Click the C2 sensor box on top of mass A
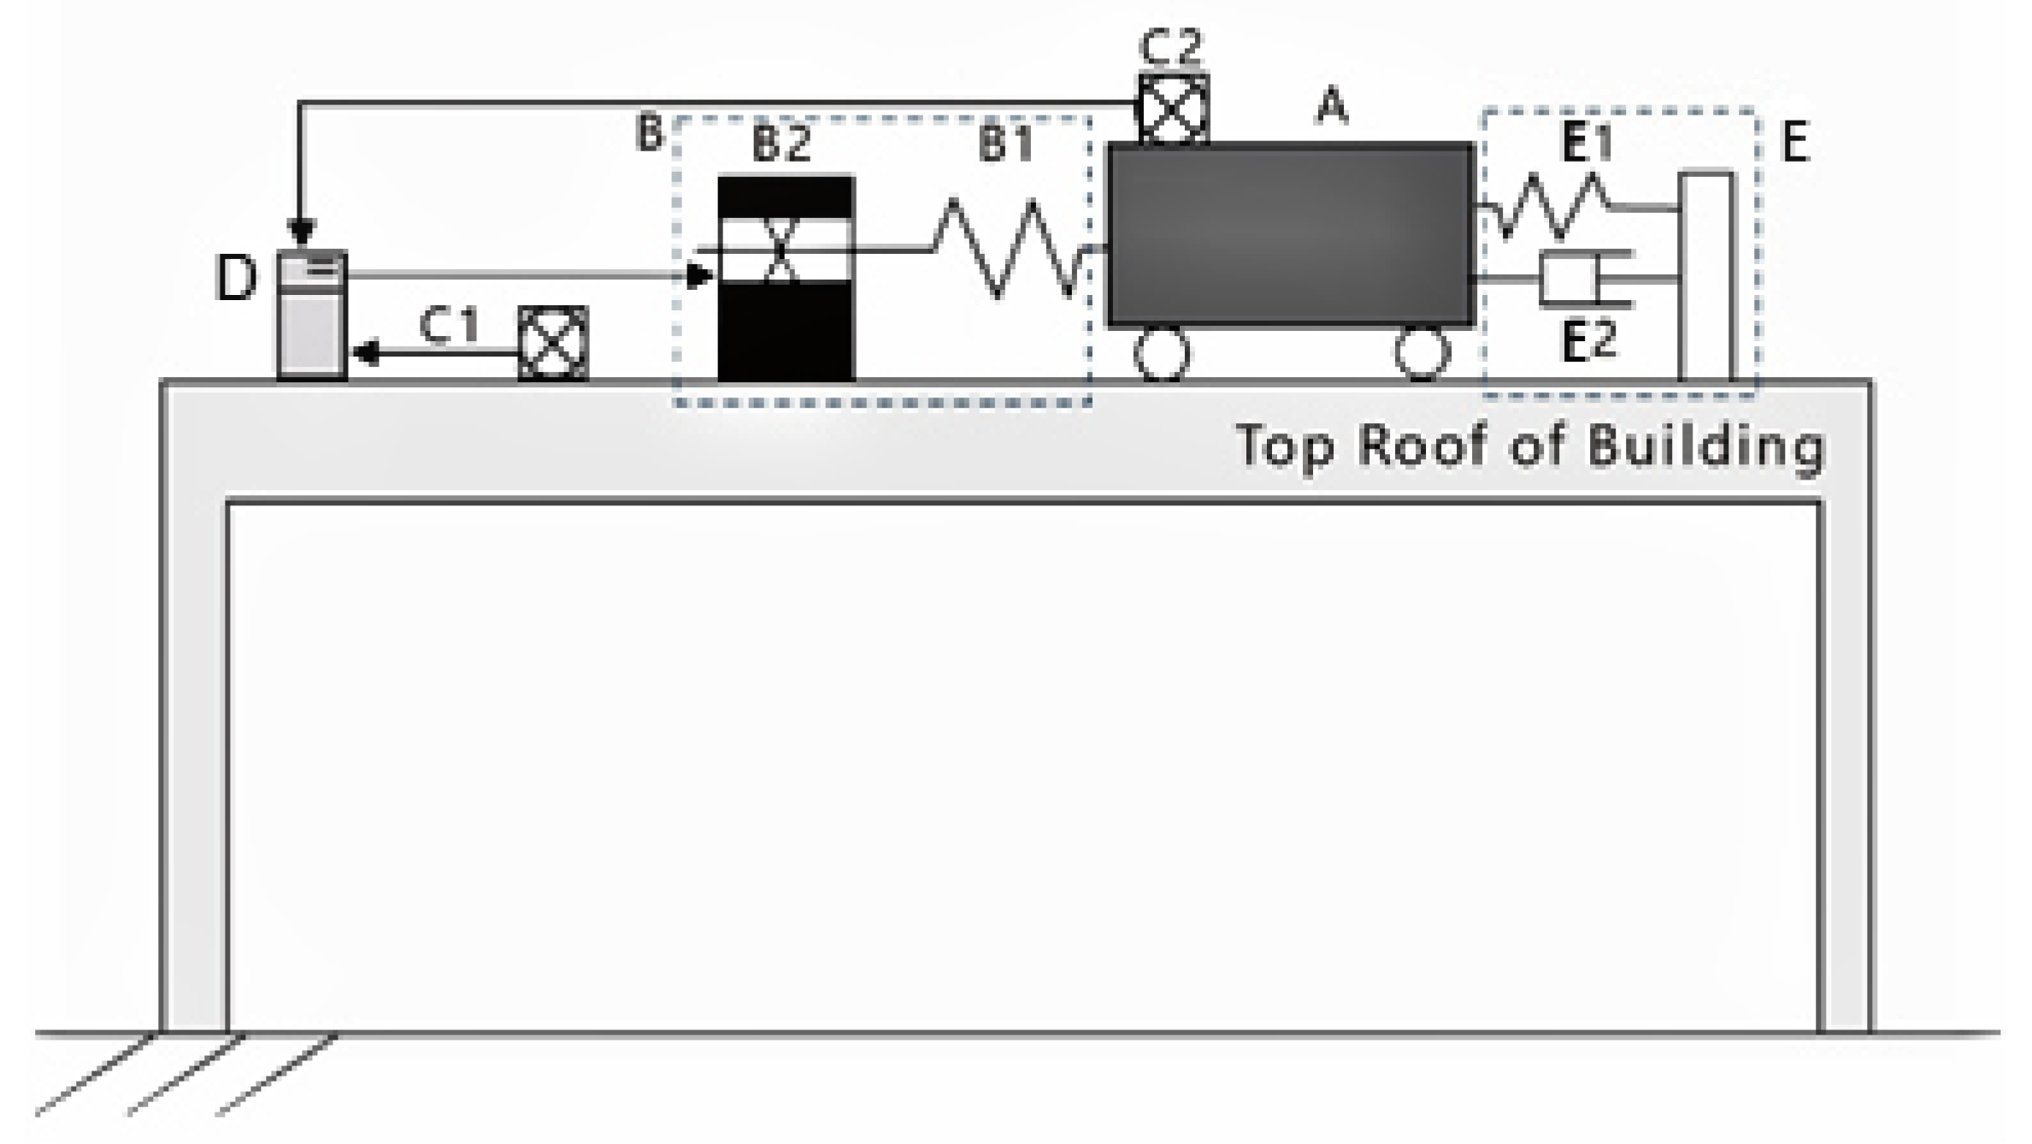point(1174,109)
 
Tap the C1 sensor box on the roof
point(553,343)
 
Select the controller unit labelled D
point(312,315)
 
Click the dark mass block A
point(1290,235)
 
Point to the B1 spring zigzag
point(1009,248)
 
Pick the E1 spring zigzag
point(1547,206)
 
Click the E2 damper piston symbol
point(1573,279)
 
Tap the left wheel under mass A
point(1162,352)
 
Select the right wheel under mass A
point(1422,352)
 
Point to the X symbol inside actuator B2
point(780,249)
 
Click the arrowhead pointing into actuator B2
point(700,275)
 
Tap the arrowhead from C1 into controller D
point(367,351)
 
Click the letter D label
point(236,279)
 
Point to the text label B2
point(781,144)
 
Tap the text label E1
point(1587,144)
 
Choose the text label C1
point(449,327)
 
